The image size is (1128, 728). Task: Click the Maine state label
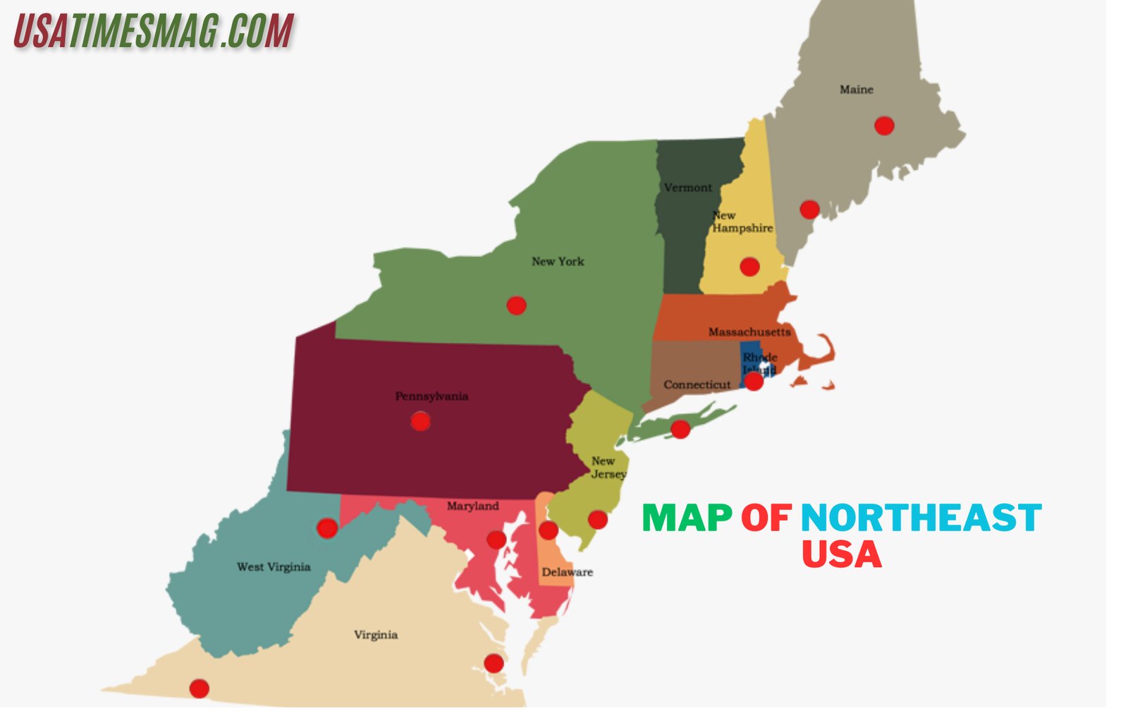point(856,90)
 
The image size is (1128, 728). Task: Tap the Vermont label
point(687,188)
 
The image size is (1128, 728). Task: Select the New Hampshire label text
point(742,222)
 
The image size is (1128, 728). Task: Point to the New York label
point(558,262)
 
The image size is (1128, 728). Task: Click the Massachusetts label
point(749,332)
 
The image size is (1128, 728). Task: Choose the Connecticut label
point(697,384)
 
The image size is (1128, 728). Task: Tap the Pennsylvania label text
point(431,396)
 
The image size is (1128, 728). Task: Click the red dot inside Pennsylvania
point(420,421)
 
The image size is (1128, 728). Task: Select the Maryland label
point(472,506)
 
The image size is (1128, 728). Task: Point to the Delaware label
point(567,572)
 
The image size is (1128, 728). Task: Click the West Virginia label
point(274,566)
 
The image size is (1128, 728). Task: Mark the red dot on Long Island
point(680,428)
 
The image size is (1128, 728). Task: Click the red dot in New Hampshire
point(749,267)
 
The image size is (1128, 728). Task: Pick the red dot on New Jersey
point(597,520)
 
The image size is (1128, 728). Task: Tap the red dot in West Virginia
point(326,527)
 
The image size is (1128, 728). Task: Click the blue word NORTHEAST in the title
point(920,518)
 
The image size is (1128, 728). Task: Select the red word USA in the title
point(841,554)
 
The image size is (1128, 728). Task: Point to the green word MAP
point(687,518)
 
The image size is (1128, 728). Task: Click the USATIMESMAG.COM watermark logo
point(153,32)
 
